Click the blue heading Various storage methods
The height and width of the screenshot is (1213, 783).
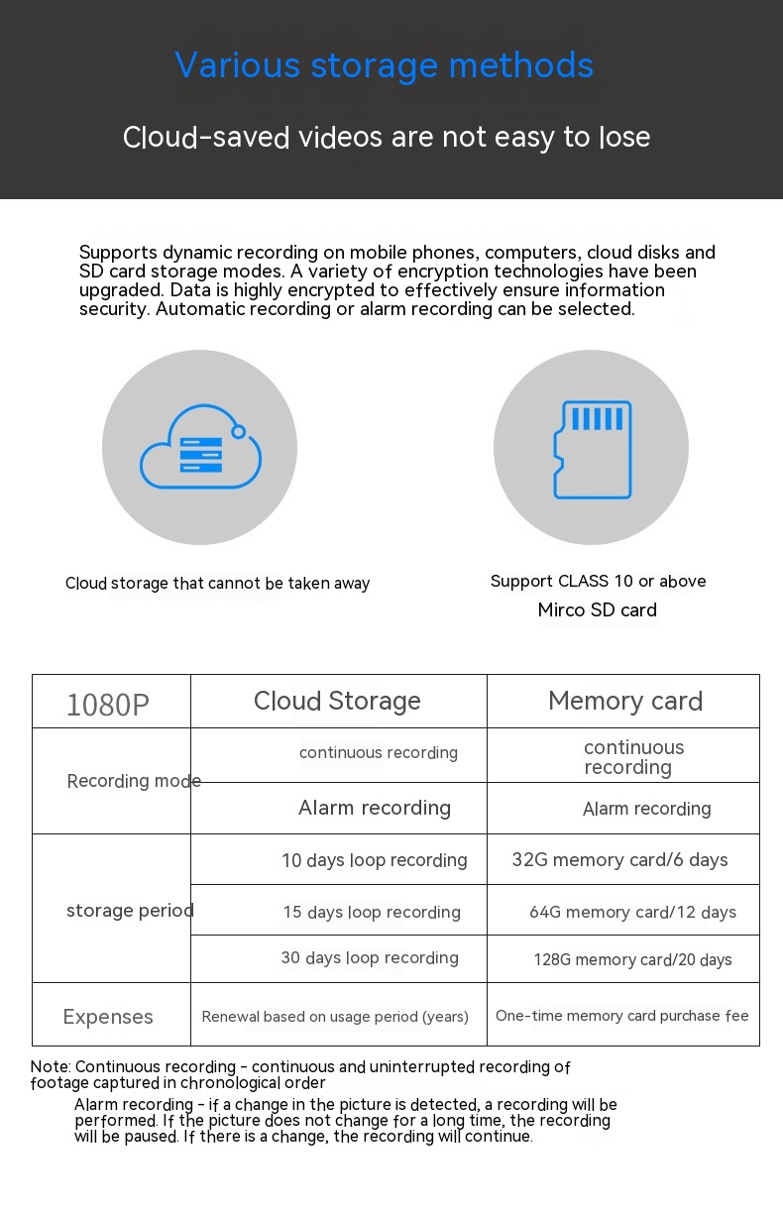(385, 65)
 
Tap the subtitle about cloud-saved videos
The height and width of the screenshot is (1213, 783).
(387, 137)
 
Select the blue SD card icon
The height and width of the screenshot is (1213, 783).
(592, 449)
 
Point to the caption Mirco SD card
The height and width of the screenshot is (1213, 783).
(597, 610)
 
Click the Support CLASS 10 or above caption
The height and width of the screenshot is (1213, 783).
(598, 581)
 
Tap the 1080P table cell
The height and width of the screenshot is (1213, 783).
(108, 705)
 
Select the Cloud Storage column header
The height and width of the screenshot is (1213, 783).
(337, 702)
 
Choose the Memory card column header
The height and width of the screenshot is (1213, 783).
(624, 702)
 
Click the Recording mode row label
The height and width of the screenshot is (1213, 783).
(134, 781)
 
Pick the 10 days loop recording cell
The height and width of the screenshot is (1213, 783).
(374, 860)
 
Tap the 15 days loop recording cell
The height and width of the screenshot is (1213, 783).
(372, 912)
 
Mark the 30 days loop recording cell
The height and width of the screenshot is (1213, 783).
(370, 958)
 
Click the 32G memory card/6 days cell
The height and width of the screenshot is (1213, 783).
(619, 860)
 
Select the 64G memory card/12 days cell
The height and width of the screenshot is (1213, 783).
(632, 912)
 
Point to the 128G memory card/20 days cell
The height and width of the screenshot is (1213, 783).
(632, 959)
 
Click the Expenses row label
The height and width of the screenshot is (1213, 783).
(108, 1017)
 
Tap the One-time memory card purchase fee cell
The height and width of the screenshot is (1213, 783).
(621, 1016)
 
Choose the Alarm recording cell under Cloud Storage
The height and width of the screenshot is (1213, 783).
(374, 808)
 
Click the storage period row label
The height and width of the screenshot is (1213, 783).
(130, 910)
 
